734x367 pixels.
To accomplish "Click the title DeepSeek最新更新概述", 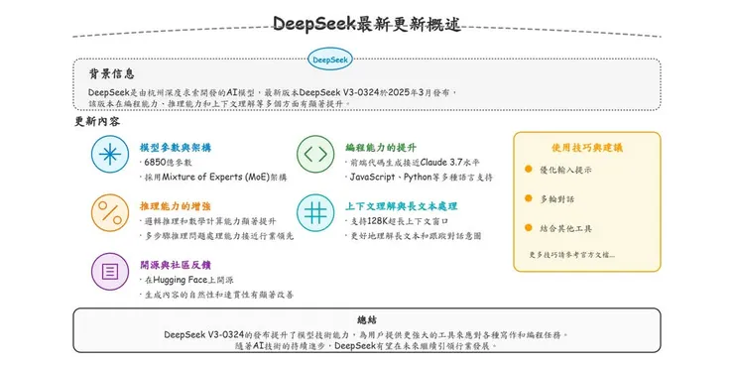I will (x=366, y=23).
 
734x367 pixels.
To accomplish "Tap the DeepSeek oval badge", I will (x=330, y=60).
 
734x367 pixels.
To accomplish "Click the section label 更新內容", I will (x=98, y=122).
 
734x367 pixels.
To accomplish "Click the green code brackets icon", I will (x=313, y=154).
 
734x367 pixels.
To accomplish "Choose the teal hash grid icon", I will (x=313, y=211).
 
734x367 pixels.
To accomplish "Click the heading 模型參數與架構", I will (x=176, y=146).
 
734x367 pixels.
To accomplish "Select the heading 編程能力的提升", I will (x=380, y=146).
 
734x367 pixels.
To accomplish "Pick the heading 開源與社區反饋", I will (x=176, y=264).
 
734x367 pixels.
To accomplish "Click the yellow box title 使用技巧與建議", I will (x=586, y=147).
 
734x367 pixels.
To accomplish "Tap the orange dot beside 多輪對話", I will (x=529, y=198).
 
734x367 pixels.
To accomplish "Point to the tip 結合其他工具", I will (x=565, y=228).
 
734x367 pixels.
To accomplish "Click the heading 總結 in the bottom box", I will (x=366, y=319).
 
